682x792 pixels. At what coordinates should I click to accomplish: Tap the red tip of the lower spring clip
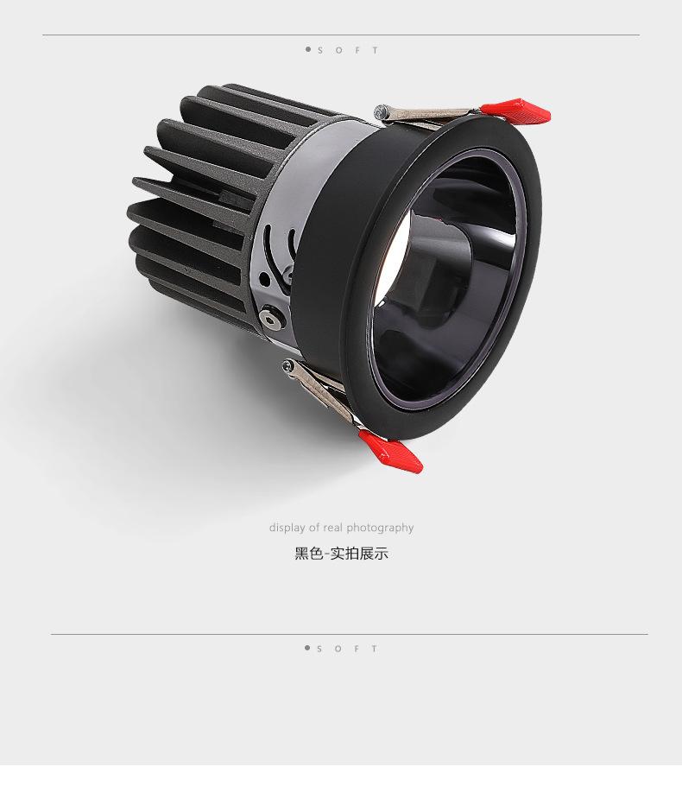[x=391, y=452]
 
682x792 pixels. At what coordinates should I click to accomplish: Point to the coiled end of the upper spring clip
[x=382, y=111]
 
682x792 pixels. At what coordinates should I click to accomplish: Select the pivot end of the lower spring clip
[x=288, y=365]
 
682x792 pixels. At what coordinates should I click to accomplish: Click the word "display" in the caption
[x=287, y=528]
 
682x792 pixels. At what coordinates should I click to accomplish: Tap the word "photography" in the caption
[x=380, y=528]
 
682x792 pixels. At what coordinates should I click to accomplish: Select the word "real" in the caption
[x=332, y=528]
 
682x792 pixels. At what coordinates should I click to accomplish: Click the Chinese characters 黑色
[x=309, y=554]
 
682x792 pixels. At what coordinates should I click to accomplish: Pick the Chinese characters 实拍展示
[x=359, y=554]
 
